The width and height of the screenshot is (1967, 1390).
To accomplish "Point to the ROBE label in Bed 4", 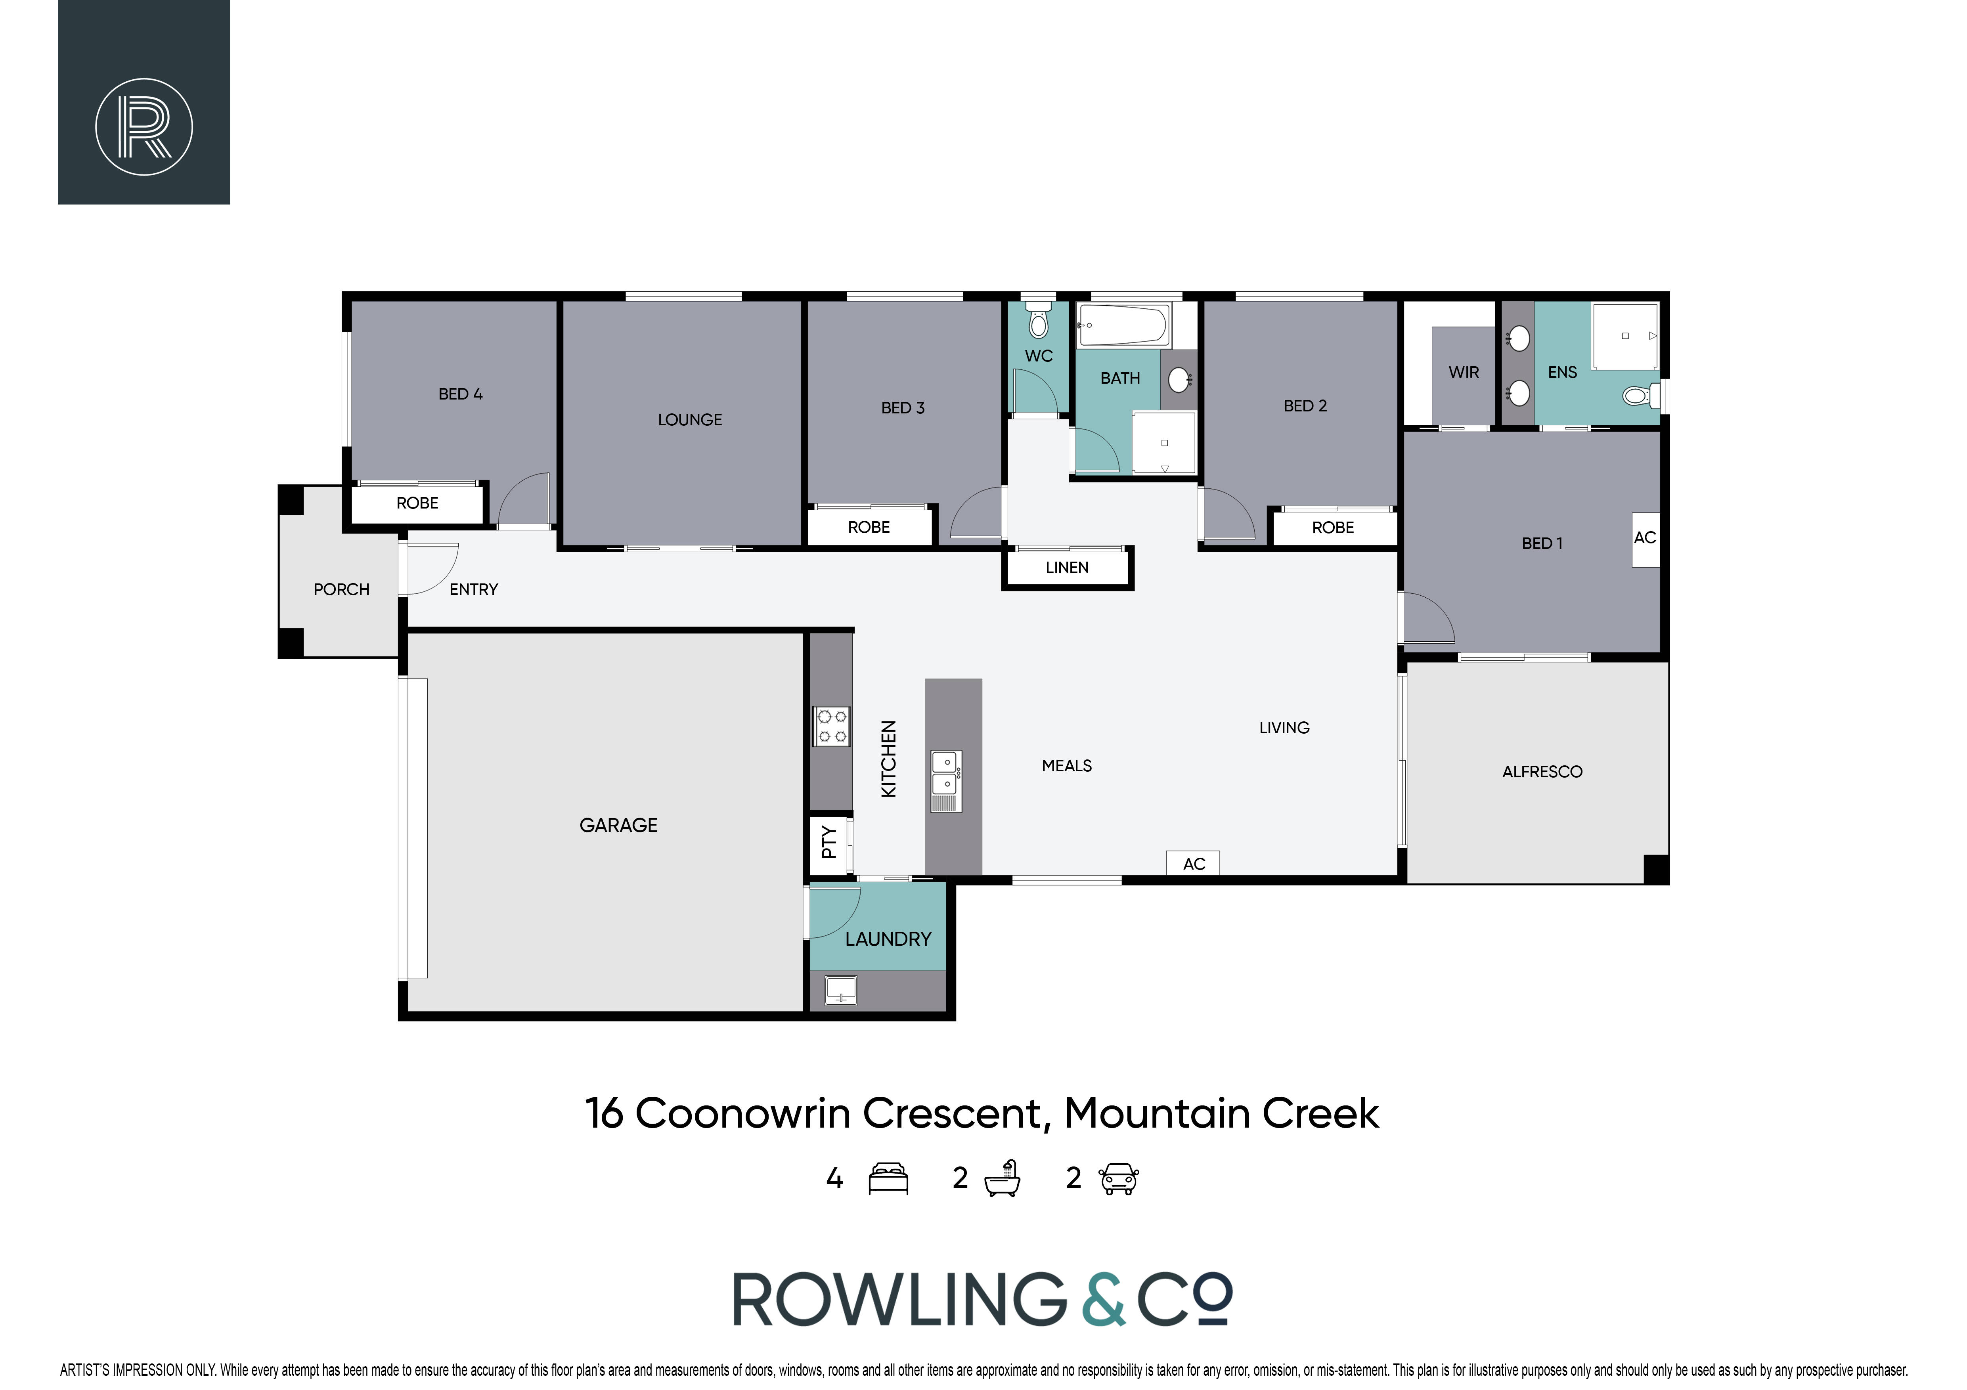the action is click(417, 503).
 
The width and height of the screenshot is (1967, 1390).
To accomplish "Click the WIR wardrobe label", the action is click(1463, 373).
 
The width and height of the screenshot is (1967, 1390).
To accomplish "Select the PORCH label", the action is click(341, 589).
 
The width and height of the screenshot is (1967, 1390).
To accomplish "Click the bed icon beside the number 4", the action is click(888, 1178).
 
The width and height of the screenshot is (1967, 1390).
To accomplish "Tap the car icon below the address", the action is click(1119, 1178).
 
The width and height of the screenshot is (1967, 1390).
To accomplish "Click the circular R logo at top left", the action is click(144, 127).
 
